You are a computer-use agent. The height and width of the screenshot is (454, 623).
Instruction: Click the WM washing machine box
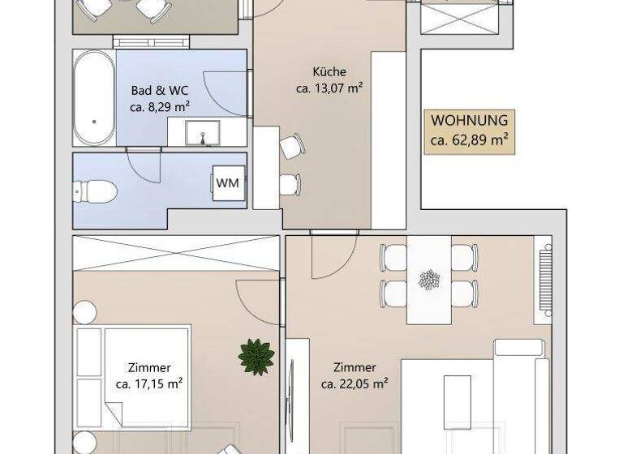pyautogui.click(x=228, y=183)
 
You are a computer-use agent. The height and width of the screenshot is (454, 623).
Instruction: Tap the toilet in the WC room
pyautogui.click(x=95, y=191)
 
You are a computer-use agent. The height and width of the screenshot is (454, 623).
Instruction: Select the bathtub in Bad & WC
pyautogui.click(x=93, y=98)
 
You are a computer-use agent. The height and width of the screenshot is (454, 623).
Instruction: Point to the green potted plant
pyautogui.click(x=256, y=357)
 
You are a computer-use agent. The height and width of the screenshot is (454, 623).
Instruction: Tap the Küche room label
pyautogui.click(x=329, y=71)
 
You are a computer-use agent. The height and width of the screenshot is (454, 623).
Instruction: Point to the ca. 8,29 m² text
pyautogui.click(x=159, y=106)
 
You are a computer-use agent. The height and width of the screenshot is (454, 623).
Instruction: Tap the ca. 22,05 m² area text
pyautogui.click(x=354, y=383)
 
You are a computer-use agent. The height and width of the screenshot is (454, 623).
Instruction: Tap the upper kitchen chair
pyautogui.click(x=291, y=147)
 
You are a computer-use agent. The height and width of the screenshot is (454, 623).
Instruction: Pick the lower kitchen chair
pyautogui.click(x=290, y=184)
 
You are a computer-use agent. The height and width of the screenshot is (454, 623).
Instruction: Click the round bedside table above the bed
pyautogui.click(x=84, y=312)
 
